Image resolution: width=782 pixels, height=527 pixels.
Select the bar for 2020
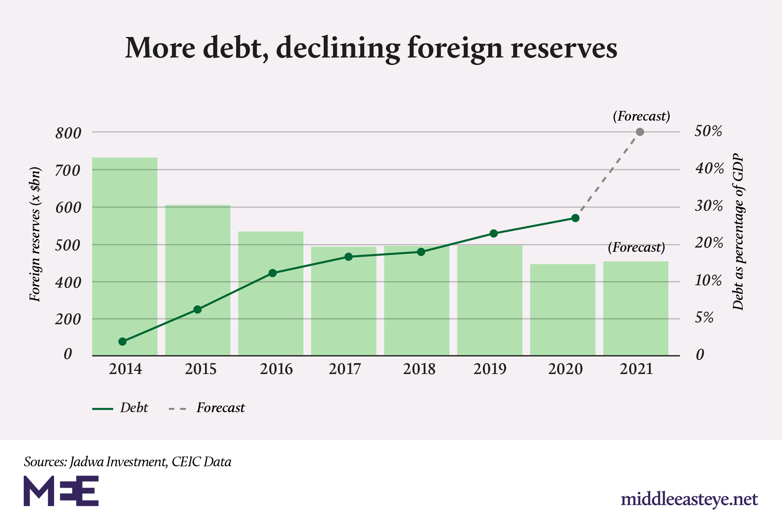tap(563, 309)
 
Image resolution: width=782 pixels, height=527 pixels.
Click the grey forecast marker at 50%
tap(640, 132)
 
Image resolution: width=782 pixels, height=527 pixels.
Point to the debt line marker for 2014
tap(122, 341)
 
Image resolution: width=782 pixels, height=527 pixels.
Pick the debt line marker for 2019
tap(493, 234)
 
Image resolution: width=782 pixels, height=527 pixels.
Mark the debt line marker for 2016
tap(272, 273)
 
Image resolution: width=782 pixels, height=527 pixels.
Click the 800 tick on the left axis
tap(68, 134)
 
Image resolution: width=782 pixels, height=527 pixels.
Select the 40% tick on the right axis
tap(709, 169)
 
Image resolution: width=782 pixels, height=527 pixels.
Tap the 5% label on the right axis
tap(704, 318)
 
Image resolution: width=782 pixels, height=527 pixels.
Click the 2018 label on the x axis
tap(419, 369)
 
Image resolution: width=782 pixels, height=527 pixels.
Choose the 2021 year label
tap(636, 369)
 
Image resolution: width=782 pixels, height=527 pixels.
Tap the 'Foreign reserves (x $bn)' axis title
tap(35, 234)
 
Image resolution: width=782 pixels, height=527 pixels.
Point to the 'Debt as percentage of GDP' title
tap(738, 232)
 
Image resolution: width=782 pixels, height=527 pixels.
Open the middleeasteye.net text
tap(689, 499)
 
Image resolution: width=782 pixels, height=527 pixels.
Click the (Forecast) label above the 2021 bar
tap(636, 248)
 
